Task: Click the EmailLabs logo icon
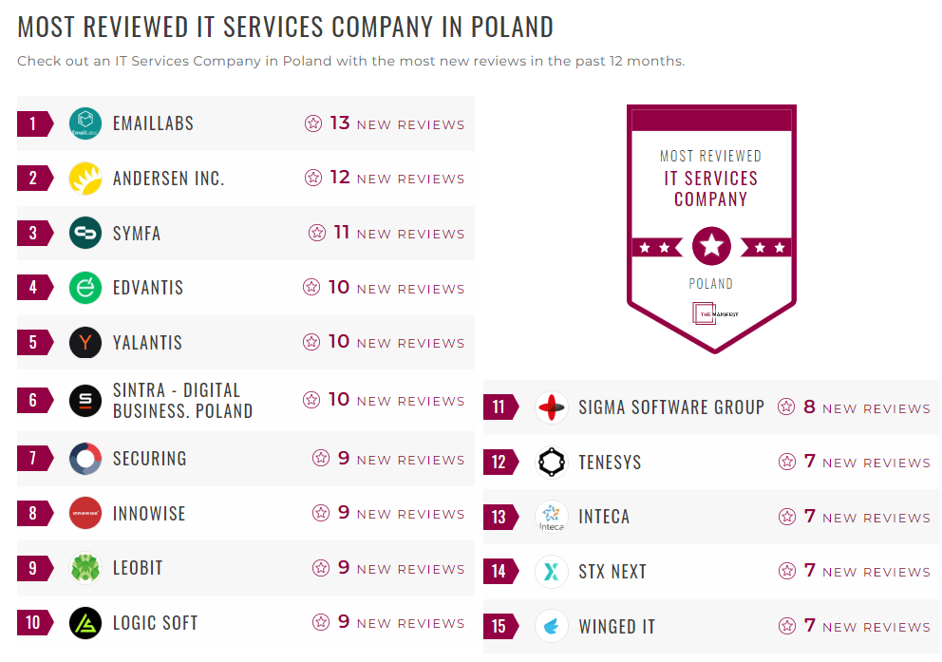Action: coord(85,123)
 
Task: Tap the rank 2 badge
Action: coord(34,179)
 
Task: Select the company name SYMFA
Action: coord(137,233)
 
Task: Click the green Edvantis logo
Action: coord(85,288)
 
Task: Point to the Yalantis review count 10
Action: coord(339,342)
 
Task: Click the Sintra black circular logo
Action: coord(85,401)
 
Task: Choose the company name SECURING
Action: coord(149,459)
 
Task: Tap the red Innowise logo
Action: coord(85,514)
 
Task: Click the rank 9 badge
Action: coord(34,568)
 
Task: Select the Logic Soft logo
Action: coord(85,623)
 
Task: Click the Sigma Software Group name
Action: coord(671,407)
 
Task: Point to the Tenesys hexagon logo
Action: coord(552,463)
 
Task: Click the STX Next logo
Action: coord(552,572)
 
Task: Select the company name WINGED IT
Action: coord(616,627)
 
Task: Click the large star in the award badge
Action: coord(711,247)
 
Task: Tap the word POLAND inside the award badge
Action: coord(711,283)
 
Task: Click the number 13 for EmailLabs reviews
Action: coord(340,123)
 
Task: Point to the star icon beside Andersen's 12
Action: coord(313,178)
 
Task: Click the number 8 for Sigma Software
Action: coord(809,407)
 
